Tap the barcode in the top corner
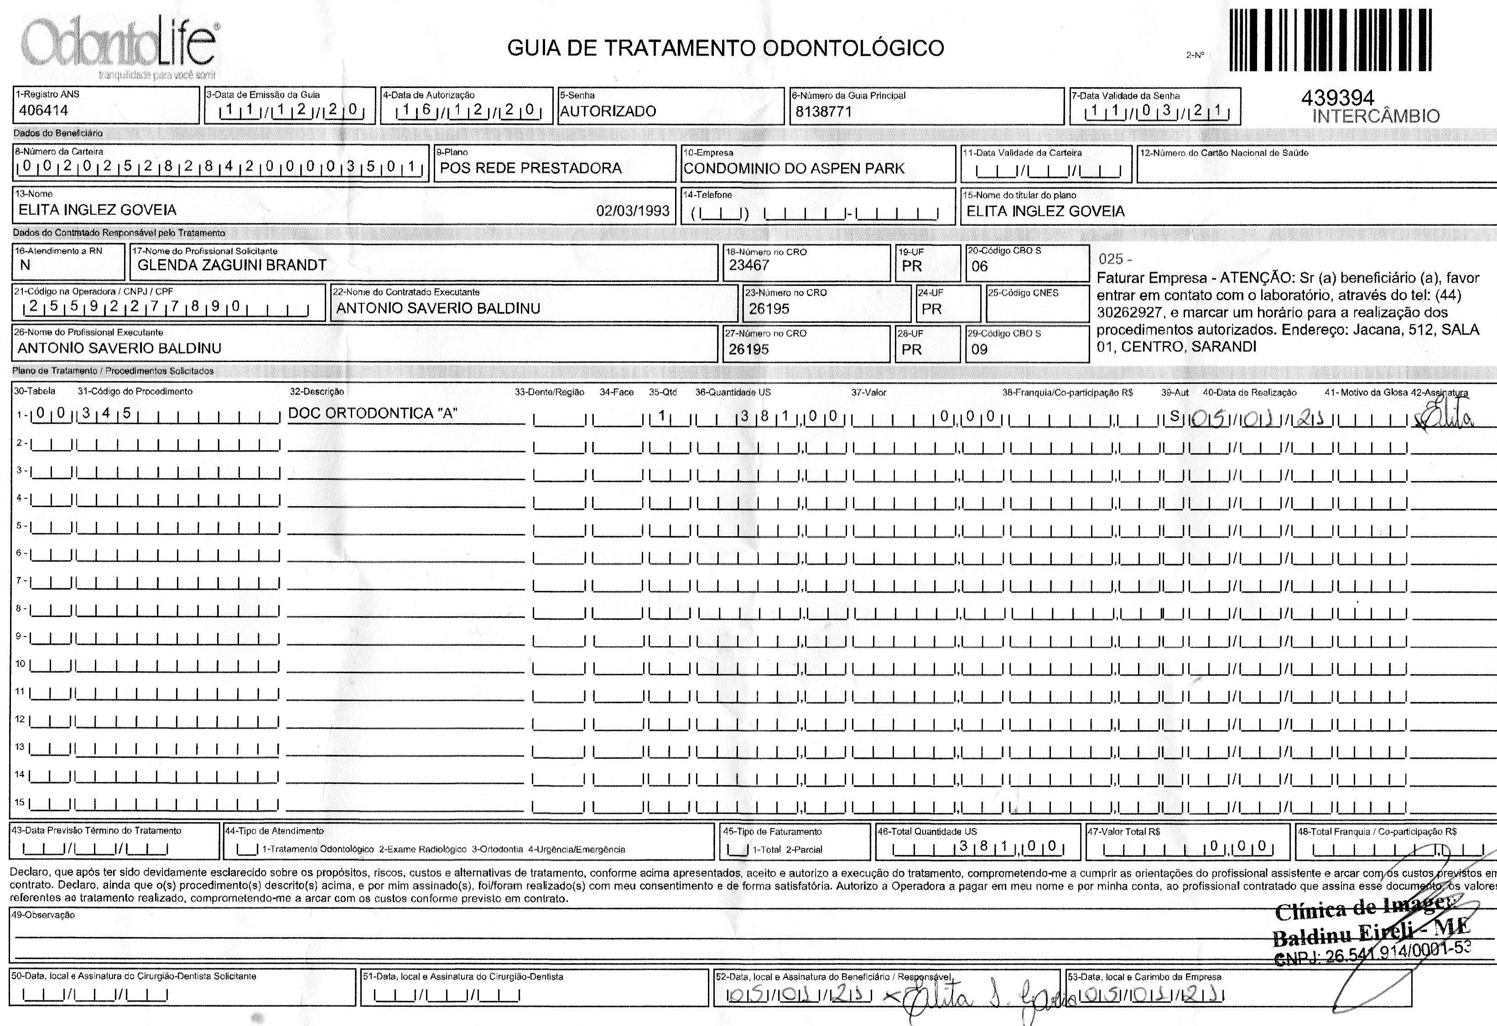[1330, 40]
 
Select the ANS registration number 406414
[44, 110]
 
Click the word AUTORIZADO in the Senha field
[608, 111]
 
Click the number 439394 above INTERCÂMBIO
[1338, 98]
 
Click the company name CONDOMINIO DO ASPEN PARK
[794, 169]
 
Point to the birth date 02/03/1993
[633, 211]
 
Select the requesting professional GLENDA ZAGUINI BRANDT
[232, 265]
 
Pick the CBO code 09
[979, 350]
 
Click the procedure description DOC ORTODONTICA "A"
[372, 414]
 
